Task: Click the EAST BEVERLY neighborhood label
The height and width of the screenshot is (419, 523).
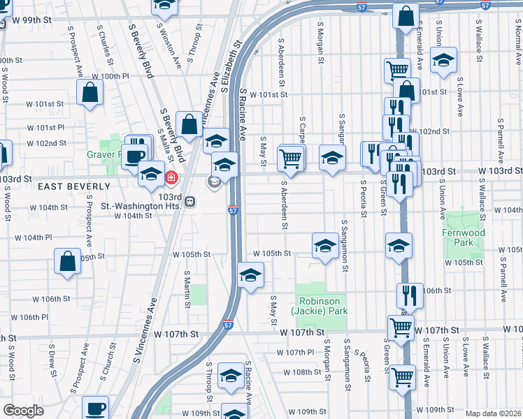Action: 74,186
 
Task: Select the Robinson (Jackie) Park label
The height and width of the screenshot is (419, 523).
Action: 322,307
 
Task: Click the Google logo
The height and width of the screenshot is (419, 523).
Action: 23,411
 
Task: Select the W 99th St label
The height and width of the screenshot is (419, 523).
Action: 32,20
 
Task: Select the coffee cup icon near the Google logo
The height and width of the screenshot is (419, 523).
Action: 95,408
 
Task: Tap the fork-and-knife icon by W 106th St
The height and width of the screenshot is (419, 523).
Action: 410,295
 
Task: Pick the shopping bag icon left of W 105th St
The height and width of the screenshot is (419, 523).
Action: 68,263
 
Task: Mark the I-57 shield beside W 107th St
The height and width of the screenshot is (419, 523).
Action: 229,325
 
